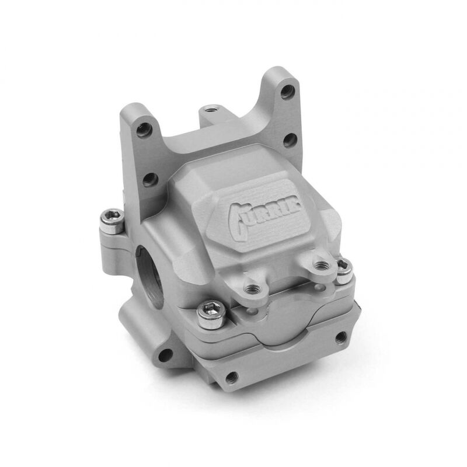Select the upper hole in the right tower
[x=286, y=92]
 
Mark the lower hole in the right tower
[x=288, y=140]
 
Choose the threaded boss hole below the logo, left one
[x=253, y=288]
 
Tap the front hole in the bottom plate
[x=232, y=377]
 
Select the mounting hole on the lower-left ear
[x=166, y=354]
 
